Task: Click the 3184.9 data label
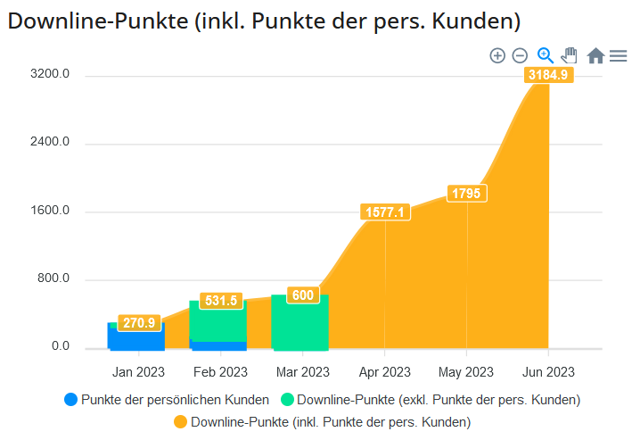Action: (x=548, y=76)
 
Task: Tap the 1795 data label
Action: (x=467, y=194)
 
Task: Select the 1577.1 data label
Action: (x=385, y=212)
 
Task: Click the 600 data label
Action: (x=303, y=295)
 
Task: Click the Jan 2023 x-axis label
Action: (x=138, y=372)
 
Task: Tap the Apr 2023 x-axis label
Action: (x=385, y=372)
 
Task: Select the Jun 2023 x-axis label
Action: (x=548, y=372)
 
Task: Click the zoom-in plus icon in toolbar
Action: (x=497, y=56)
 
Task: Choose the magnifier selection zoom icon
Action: (x=546, y=56)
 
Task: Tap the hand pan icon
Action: (x=570, y=56)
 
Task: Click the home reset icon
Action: (x=595, y=56)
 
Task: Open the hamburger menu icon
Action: (x=618, y=56)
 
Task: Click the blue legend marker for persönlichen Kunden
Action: (x=71, y=400)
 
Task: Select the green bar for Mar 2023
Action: (x=299, y=326)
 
